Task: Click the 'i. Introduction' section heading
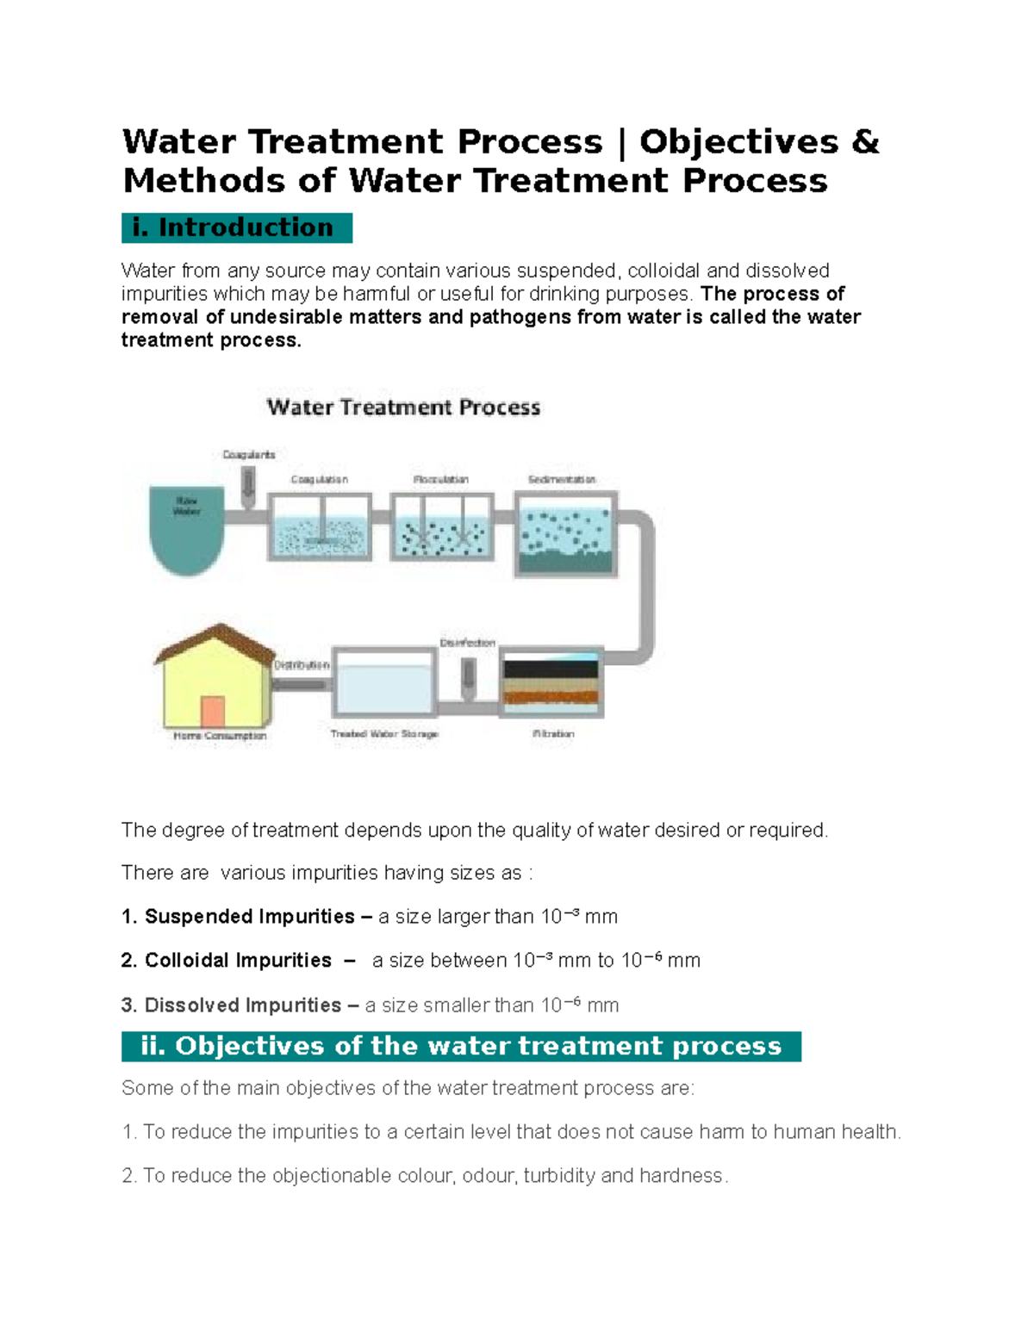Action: [x=236, y=227]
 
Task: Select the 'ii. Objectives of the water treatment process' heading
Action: [x=461, y=1046]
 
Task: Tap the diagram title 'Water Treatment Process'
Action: [x=403, y=408]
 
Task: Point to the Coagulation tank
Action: [x=320, y=527]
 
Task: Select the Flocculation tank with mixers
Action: [x=443, y=527]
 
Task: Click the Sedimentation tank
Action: [x=566, y=534]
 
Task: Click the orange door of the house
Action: [x=212, y=713]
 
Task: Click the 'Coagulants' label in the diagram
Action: [x=249, y=454]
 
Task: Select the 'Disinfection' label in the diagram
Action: [x=467, y=643]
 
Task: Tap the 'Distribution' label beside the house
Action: [x=302, y=665]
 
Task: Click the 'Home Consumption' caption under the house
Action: [x=220, y=736]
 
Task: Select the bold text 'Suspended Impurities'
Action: [x=250, y=916]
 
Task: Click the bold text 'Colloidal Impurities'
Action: [x=238, y=960]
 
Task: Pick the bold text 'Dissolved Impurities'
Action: [x=243, y=1005]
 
